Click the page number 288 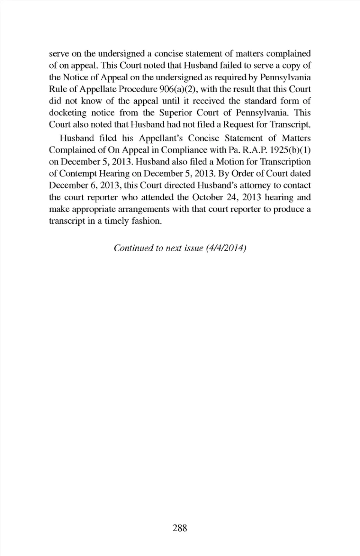click(x=180, y=528)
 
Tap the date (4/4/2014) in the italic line click(x=226, y=248)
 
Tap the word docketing click(x=67, y=112)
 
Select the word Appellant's click(x=161, y=138)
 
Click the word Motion click(x=230, y=162)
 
